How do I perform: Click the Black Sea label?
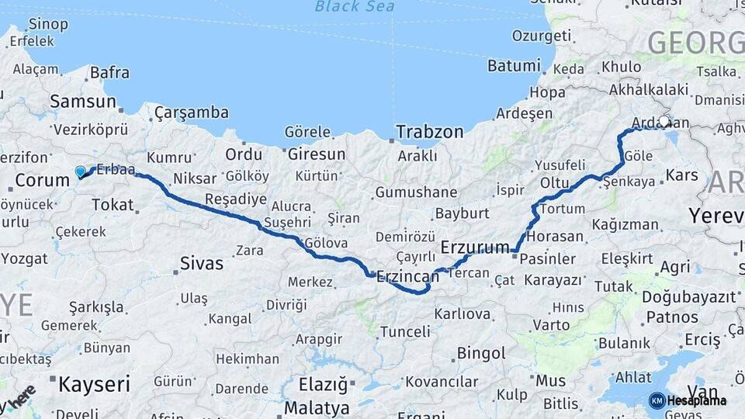(355, 7)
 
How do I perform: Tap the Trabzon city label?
(430, 132)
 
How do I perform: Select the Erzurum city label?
(473, 247)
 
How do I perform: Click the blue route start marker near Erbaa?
(81, 171)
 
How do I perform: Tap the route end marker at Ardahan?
(664, 121)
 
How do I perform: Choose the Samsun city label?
(83, 101)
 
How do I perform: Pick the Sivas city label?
(202, 263)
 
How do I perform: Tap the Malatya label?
(317, 407)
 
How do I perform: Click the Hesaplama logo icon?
(657, 400)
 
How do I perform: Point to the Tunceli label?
(404, 331)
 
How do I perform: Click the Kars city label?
(683, 175)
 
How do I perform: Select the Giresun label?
(316, 154)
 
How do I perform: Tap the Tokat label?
(113, 205)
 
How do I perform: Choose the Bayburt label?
(462, 213)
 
